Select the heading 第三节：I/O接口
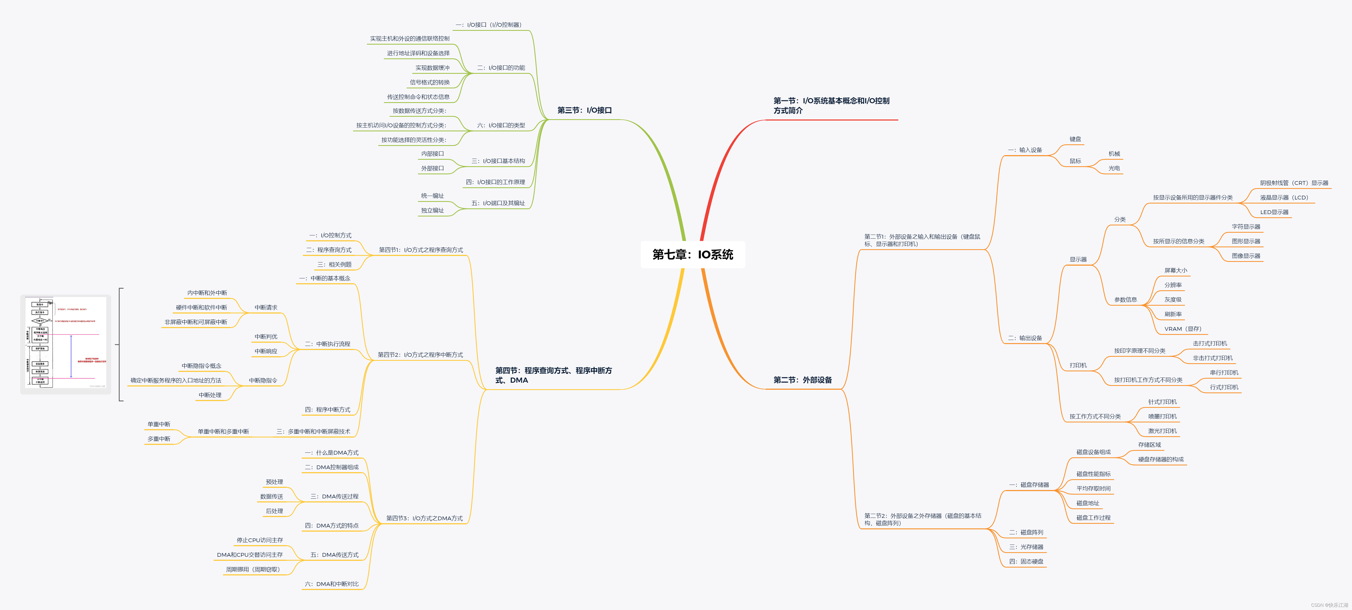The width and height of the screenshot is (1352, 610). pyautogui.click(x=584, y=110)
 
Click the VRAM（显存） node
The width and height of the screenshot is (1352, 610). pyautogui.click(x=1182, y=329)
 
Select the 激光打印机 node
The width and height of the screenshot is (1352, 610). pyautogui.click(x=1162, y=431)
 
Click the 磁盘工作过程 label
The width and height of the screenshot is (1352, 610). pyautogui.click(x=1093, y=518)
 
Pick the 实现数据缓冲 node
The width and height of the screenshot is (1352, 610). pyautogui.click(x=433, y=68)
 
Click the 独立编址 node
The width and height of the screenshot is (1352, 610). pyautogui.click(x=433, y=210)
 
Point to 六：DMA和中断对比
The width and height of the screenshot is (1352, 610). pyautogui.click(x=332, y=584)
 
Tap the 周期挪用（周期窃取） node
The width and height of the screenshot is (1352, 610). pyautogui.click(x=253, y=569)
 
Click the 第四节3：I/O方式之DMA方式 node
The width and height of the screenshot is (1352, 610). pyautogui.click(x=424, y=518)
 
